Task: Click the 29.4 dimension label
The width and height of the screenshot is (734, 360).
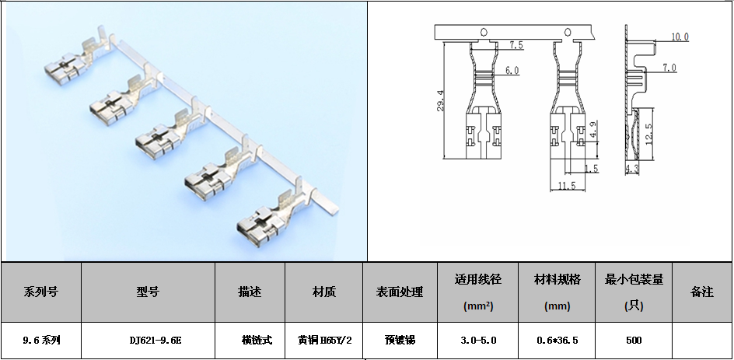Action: point(441,101)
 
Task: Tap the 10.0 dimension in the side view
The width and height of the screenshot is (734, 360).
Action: point(680,37)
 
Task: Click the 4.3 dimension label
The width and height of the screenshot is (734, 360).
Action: point(631,168)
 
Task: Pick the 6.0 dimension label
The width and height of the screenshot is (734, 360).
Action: point(512,71)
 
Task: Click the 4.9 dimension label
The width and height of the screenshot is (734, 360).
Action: point(592,130)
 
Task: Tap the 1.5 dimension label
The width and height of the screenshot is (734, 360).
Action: point(591,169)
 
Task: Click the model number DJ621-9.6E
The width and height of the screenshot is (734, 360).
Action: point(149,341)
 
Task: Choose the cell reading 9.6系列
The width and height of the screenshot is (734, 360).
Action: point(41,341)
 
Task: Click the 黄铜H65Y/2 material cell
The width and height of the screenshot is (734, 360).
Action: point(324,341)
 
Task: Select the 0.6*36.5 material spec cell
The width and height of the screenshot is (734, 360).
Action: point(557,341)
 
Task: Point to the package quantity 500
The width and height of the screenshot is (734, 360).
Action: point(634,341)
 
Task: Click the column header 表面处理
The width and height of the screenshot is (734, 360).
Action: point(400,292)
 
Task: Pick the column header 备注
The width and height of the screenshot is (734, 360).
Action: point(701,292)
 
